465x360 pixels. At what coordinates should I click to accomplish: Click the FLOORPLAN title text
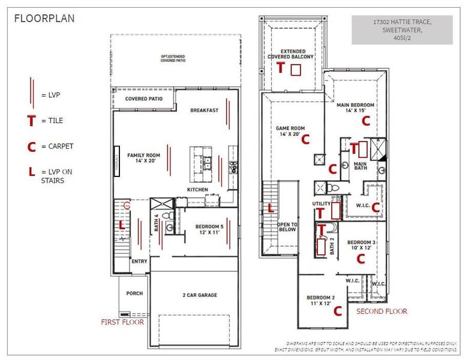[x=44, y=18]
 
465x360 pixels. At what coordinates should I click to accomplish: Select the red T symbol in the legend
[x=31, y=121]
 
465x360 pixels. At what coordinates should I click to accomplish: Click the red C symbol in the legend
[x=31, y=146]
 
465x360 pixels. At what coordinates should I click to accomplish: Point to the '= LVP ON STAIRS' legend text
[x=56, y=176]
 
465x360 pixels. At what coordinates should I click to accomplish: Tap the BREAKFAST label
[x=204, y=110]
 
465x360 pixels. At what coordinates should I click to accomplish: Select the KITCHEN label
[x=197, y=190]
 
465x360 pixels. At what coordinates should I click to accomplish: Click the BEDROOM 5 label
[x=210, y=229]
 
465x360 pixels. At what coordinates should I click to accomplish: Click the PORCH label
[x=134, y=293]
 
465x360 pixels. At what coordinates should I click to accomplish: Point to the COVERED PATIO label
[x=143, y=99]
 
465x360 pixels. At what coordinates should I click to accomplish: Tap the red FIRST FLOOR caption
[x=122, y=322]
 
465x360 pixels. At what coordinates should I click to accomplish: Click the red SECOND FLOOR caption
[x=382, y=311]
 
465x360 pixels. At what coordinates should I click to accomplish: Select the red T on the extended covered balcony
[x=280, y=68]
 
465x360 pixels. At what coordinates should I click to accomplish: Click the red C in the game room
[x=305, y=140]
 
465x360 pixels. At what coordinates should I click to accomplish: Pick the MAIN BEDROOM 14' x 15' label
[x=355, y=107]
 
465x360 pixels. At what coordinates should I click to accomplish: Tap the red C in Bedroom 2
[x=337, y=311]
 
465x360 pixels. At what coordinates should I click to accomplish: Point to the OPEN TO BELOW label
[x=287, y=228]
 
